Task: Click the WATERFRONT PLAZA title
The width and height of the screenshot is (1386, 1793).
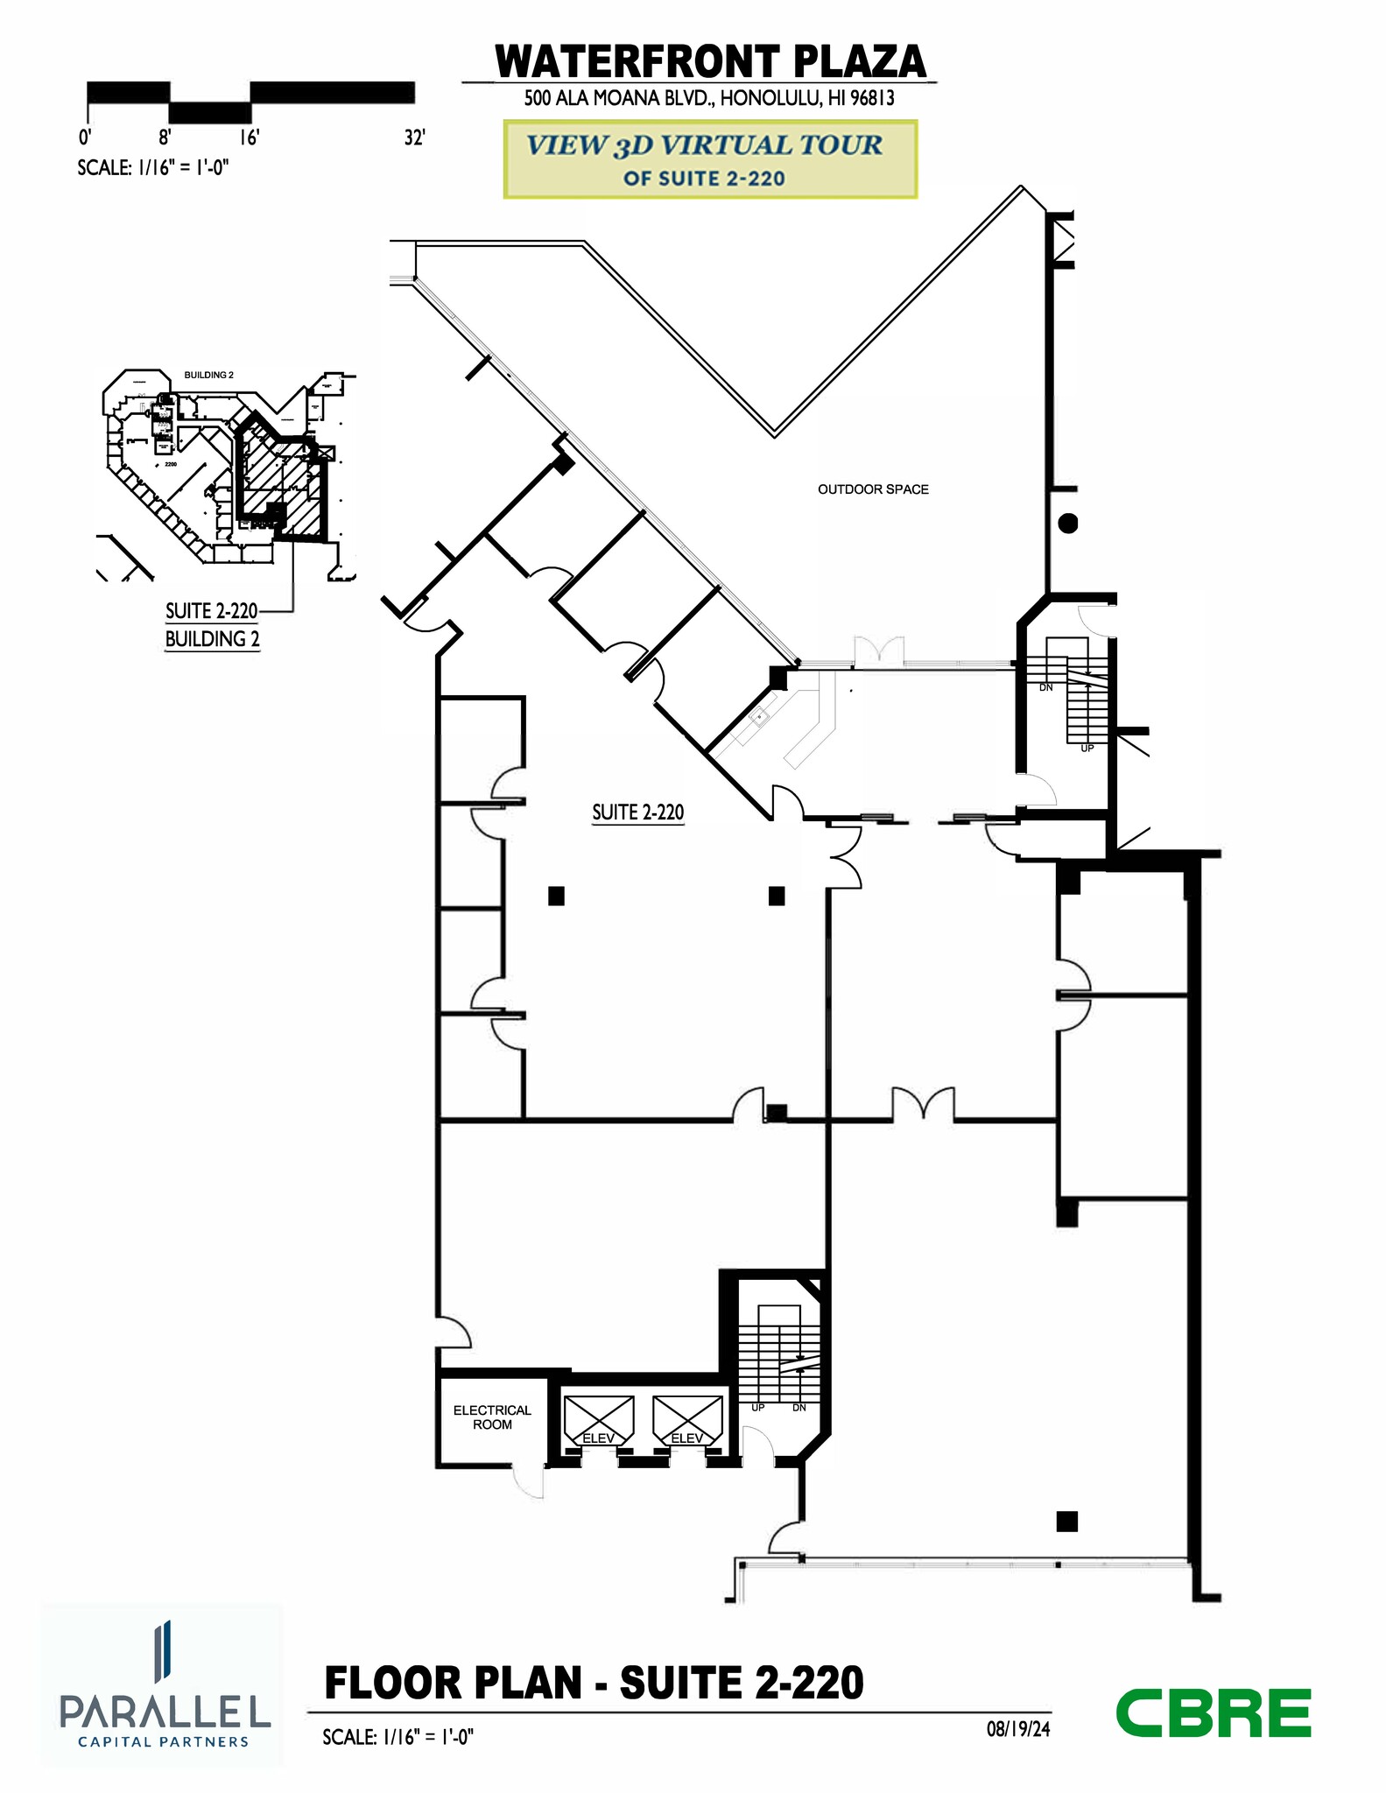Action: (x=710, y=61)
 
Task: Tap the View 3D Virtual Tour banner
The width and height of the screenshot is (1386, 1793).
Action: (x=709, y=159)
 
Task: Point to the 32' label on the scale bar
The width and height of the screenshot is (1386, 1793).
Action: (x=414, y=138)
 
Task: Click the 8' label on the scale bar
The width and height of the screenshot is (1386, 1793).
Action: (x=165, y=138)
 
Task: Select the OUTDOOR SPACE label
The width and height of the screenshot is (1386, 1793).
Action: (x=873, y=489)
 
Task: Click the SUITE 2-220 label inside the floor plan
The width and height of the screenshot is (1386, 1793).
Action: (x=637, y=812)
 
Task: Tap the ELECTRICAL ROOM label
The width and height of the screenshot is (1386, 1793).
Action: (x=492, y=1417)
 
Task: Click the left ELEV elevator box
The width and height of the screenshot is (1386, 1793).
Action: (x=599, y=1421)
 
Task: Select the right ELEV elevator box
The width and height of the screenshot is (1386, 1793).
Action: (x=687, y=1421)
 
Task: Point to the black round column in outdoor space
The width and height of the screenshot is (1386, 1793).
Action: (x=1067, y=524)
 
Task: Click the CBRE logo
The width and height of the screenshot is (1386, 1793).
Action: (x=1213, y=1713)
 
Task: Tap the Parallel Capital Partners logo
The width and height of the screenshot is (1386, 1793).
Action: (x=163, y=1685)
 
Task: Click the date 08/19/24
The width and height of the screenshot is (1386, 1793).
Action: (x=1017, y=1728)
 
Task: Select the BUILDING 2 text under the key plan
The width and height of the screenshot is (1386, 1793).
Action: (x=212, y=639)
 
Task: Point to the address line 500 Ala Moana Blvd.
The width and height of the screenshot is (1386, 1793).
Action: (x=709, y=98)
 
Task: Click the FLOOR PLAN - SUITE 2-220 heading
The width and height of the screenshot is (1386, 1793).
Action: (x=594, y=1683)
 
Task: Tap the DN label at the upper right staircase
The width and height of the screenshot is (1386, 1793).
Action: (x=1045, y=687)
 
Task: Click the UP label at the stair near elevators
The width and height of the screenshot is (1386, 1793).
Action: (x=757, y=1408)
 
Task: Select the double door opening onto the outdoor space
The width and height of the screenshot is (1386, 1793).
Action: (x=878, y=653)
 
